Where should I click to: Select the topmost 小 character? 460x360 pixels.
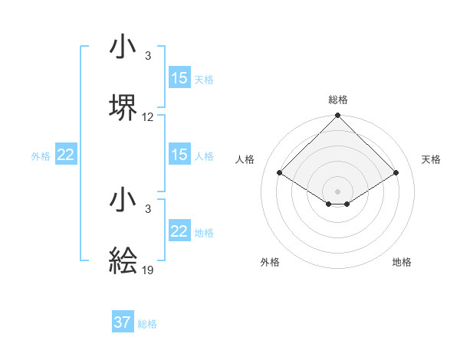(x=123, y=48)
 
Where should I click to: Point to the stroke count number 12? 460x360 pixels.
(x=148, y=117)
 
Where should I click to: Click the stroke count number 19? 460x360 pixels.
(x=148, y=270)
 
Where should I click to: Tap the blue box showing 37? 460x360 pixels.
(x=123, y=322)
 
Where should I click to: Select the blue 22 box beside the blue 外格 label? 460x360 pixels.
(x=66, y=155)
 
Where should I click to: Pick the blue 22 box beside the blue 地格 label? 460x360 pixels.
(x=179, y=231)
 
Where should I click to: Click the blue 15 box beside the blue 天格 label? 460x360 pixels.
(x=179, y=78)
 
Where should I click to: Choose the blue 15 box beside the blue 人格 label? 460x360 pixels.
(x=179, y=155)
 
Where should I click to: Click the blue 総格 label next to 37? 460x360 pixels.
(x=147, y=324)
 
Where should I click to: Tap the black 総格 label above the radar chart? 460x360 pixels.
(x=338, y=100)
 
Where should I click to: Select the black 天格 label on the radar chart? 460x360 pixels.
(x=431, y=159)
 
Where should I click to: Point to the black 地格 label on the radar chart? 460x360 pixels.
(x=402, y=262)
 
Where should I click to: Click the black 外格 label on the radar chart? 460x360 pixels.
(x=270, y=262)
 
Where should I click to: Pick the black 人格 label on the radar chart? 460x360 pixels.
(x=245, y=159)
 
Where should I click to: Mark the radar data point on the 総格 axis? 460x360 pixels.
(x=337, y=116)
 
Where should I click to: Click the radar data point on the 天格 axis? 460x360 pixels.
(x=396, y=172)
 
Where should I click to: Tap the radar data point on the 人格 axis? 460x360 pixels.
(x=279, y=172)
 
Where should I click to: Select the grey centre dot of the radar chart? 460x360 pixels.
(x=337, y=191)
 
